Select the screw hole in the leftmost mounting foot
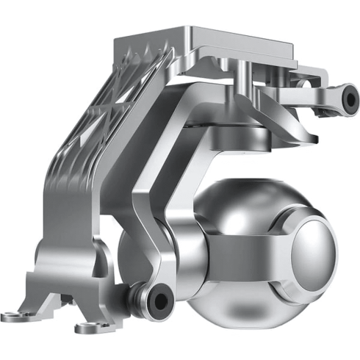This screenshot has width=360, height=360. pyautogui.click(x=17, y=314)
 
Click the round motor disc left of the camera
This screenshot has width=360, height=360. pyautogui.click(x=147, y=250)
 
